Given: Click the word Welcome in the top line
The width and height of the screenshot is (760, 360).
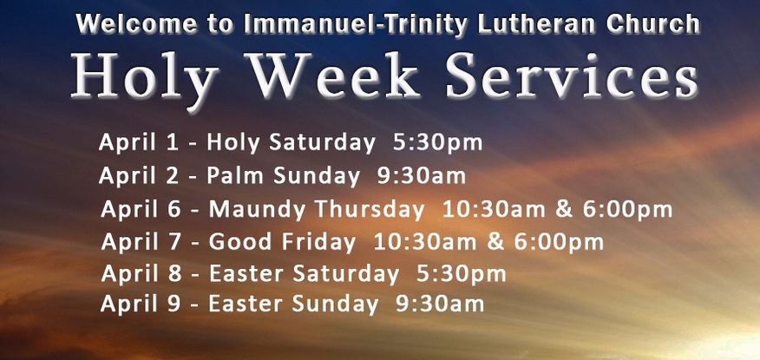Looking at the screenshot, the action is (x=137, y=23).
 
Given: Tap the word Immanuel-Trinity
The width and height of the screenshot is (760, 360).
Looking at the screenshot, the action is (x=356, y=23).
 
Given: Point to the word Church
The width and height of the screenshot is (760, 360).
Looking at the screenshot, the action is (x=652, y=23).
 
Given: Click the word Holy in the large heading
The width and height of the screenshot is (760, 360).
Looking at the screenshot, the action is (x=145, y=76).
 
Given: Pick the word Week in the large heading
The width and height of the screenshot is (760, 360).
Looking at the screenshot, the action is (x=332, y=75).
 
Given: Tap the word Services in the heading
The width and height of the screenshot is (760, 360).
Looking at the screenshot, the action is (x=573, y=75).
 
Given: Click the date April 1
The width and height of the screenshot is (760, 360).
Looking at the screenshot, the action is (x=139, y=143).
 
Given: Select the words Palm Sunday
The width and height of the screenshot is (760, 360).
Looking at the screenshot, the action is (x=284, y=175).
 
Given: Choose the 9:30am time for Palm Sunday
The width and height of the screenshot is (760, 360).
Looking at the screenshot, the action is (x=422, y=176).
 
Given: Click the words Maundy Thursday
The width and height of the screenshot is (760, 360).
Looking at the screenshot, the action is (x=317, y=209).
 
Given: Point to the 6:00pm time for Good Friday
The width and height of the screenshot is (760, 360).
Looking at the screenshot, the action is (x=559, y=242).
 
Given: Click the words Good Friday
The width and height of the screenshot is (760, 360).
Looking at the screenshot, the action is (x=282, y=242).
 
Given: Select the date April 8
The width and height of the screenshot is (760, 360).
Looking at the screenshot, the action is (x=141, y=274).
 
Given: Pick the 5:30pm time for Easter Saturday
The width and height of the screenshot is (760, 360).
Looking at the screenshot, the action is (x=462, y=274).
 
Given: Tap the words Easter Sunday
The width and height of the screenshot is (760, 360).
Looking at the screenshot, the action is (x=293, y=304).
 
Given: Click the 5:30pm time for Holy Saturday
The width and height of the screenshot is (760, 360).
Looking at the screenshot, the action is (x=437, y=143).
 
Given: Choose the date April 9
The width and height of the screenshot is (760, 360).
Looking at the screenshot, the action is (x=141, y=304).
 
